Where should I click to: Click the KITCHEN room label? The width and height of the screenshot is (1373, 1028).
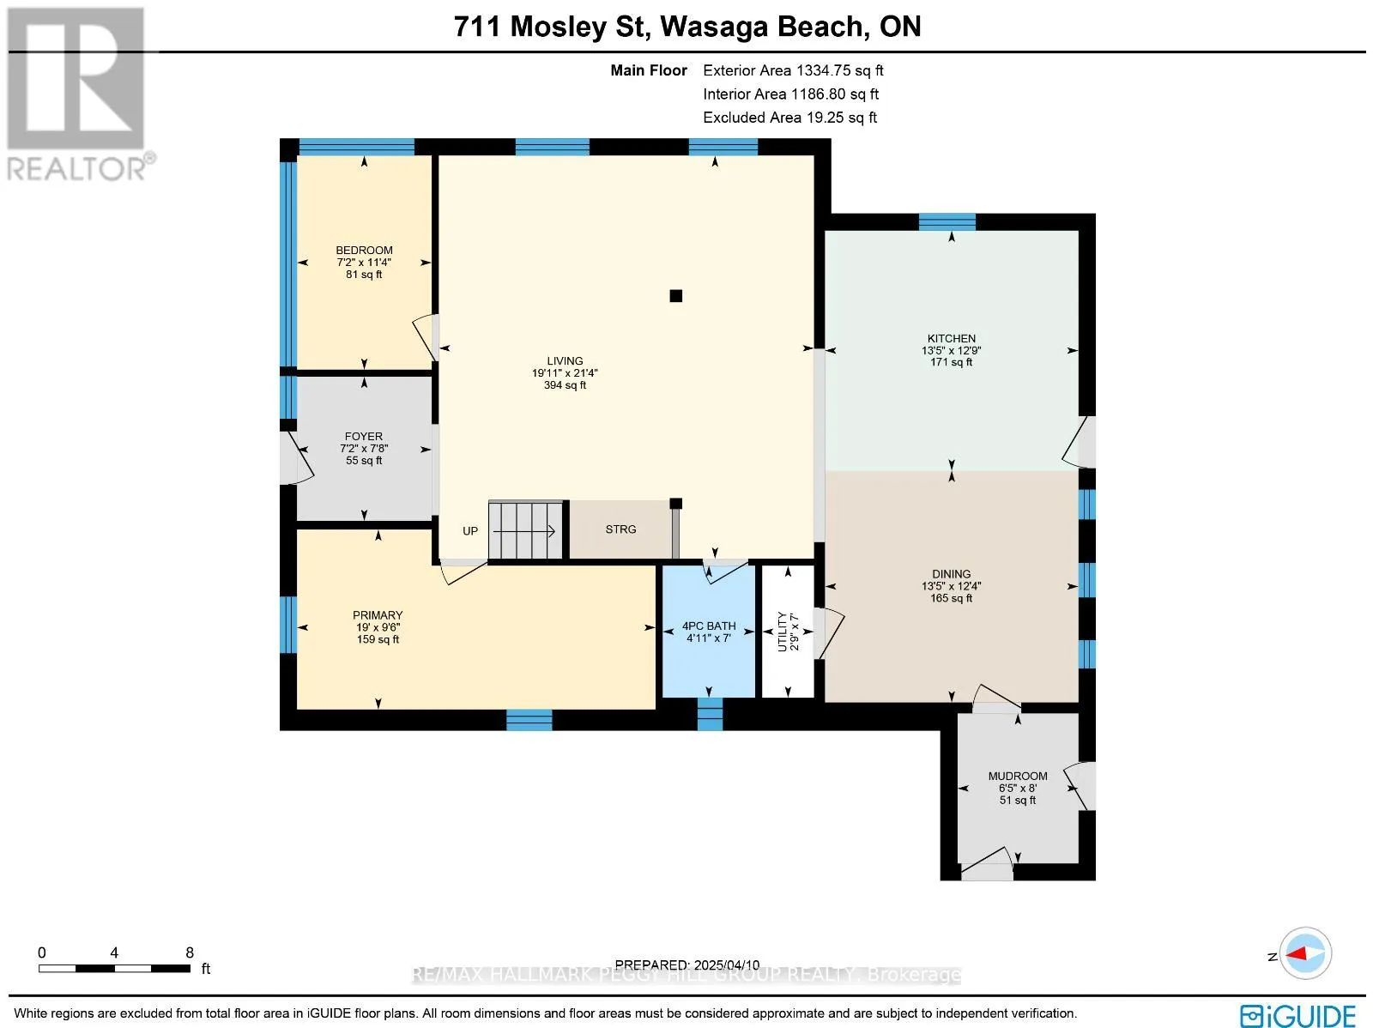pyautogui.click(x=951, y=338)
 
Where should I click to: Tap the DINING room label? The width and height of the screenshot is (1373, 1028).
pyautogui.click(x=951, y=574)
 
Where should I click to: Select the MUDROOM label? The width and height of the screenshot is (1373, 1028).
pyautogui.click(x=1017, y=776)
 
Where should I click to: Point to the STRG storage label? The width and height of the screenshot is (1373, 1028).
pyautogui.click(x=620, y=529)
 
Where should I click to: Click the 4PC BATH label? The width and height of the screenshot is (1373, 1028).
pyautogui.click(x=709, y=626)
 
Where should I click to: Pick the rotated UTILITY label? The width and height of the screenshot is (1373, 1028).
pyautogui.click(x=782, y=632)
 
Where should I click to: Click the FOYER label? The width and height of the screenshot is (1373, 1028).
pyautogui.click(x=364, y=437)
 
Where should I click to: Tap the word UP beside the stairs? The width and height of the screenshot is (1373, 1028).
pyautogui.click(x=469, y=531)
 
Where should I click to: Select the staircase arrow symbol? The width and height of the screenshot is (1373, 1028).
pyautogui.click(x=524, y=531)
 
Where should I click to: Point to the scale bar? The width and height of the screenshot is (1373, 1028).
pyautogui.click(x=114, y=969)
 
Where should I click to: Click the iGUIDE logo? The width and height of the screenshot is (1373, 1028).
pyautogui.click(x=1297, y=1015)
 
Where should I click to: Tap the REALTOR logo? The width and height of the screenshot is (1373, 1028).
pyautogui.click(x=79, y=94)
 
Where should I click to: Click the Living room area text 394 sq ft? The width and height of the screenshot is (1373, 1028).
pyautogui.click(x=565, y=385)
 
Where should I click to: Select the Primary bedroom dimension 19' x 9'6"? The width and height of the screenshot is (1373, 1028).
pyautogui.click(x=378, y=627)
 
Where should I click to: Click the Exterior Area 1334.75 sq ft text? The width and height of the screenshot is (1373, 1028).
pyautogui.click(x=793, y=70)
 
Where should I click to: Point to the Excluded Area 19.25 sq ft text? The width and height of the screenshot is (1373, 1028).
pyautogui.click(x=790, y=118)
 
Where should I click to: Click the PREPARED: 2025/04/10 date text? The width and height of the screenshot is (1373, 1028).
pyautogui.click(x=686, y=965)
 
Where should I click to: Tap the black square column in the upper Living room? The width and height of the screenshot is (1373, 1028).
pyautogui.click(x=675, y=296)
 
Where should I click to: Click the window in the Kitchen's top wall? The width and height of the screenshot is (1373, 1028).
pyautogui.click(x=947, y=222)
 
